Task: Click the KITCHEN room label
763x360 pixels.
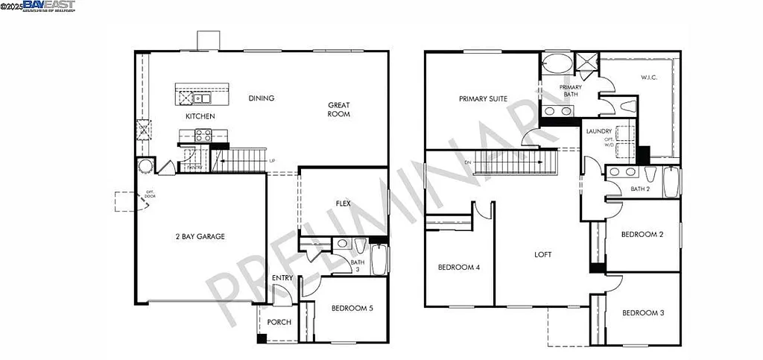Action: click(x=200, y=116)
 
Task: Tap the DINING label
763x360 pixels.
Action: click(x=262, y=98)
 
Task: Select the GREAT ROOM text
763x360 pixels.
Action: click(x=338, y=110)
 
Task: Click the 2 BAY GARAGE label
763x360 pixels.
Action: click(x=199, y=236)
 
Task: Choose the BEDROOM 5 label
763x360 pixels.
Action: click(x=352, y=307)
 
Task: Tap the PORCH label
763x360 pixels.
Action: click(x=279, y=322)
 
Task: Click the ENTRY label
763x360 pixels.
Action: click(x=282, y=279)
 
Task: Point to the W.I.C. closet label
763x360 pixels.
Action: click(x=650, y=77)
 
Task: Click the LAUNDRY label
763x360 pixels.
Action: click(x=598, y=131)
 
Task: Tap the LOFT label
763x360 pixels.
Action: click(x=542, y=254)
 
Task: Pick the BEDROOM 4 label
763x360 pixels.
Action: click(x=458, y=268)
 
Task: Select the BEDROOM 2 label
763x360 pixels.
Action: click(x=642, y=234)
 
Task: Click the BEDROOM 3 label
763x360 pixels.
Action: click(x=642, y=312)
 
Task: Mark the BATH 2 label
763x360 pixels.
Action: click(x=641, y=189)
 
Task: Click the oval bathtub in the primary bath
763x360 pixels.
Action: click(x=554, y=63)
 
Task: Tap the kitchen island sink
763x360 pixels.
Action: click(x=201, y=98)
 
